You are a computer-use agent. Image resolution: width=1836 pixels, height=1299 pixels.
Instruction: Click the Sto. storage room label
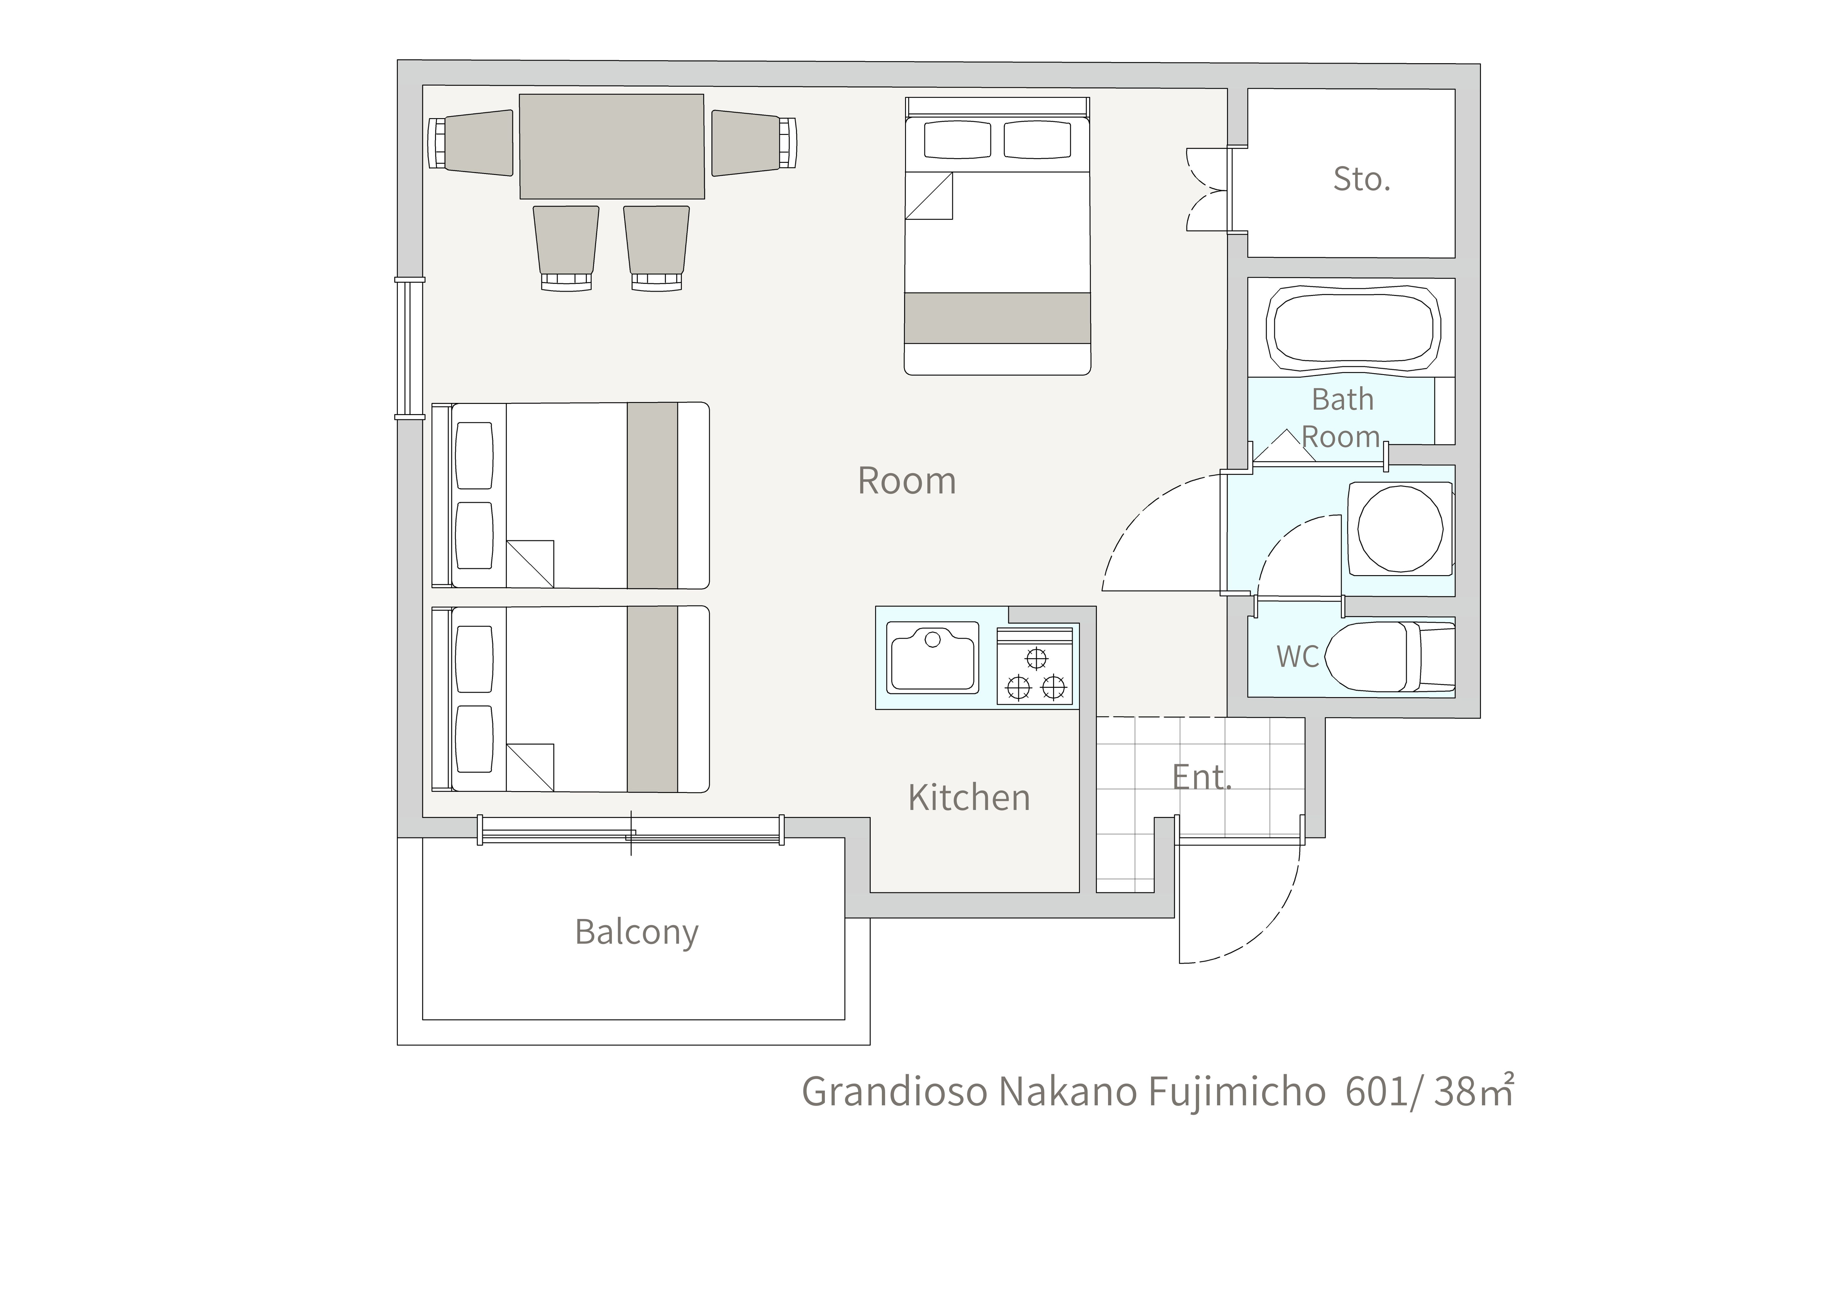click(1362, 179)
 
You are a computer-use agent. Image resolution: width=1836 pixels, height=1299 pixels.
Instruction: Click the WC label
click(1297, 657)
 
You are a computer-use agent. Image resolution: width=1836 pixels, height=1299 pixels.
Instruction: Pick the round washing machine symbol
click(1400, 529)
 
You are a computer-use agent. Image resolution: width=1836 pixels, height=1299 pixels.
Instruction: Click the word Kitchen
click(969, 798)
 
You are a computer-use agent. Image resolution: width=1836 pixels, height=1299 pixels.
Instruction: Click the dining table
click(612, 146)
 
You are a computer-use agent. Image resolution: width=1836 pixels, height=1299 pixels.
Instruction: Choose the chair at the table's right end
click(754, 143)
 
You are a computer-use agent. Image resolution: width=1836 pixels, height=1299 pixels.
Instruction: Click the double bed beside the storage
click(997, 236)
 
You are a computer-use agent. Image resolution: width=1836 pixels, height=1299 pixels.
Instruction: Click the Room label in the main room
click(907, 481)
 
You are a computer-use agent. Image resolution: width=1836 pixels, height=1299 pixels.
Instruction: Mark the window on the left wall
click(410, 348)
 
